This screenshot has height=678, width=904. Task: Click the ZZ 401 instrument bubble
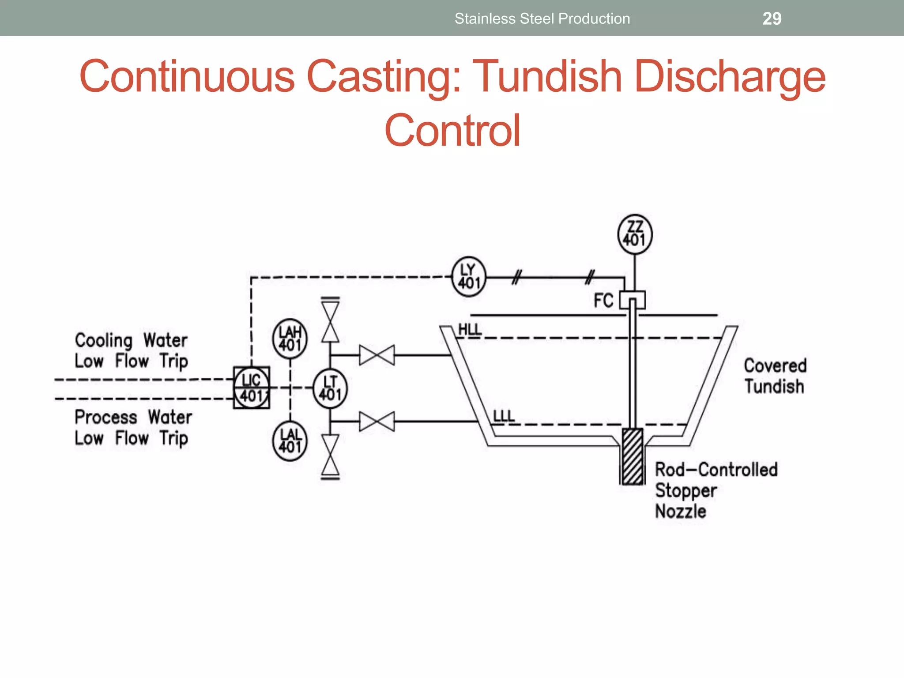coord(635,234)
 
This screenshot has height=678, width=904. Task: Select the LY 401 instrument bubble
coord(469,277)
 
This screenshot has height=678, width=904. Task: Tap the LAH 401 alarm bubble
coord(290,339)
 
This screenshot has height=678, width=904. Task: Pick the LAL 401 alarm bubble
coord(290,441)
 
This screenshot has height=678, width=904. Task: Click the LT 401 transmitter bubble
coord(330,388)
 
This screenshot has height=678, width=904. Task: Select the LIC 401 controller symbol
coord(252,388)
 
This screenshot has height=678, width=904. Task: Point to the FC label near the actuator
coord(603,301)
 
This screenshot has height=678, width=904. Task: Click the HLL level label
coord(470,330)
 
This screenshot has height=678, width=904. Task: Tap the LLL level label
coord(504,416)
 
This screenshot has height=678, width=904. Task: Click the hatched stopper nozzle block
coord(633,456)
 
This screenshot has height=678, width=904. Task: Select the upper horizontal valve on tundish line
coord(377,355)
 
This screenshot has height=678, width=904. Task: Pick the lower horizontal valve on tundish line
coord(377,422)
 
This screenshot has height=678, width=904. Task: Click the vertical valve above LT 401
coord(330,322)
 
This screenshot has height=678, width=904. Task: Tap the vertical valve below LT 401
coord(330,455)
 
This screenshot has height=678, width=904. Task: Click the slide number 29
coord(772,19)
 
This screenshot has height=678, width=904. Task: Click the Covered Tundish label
coord(775,376)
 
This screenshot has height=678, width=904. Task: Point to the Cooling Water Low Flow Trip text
coord(131,350)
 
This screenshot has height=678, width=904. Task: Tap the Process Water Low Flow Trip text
coord(133,427)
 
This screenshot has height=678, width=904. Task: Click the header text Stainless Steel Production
coord(542,19)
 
